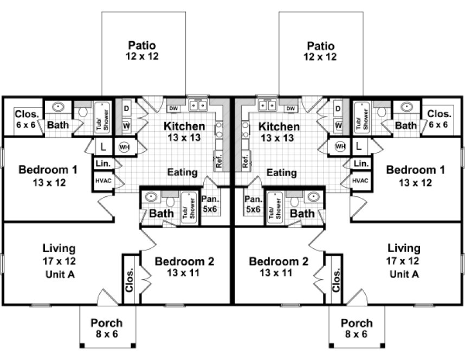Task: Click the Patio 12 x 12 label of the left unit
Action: pos(144,50)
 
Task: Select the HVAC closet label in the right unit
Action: pos(361,181)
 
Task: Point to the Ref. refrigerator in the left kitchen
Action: pos(219,160)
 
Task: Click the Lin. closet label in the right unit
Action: pos(361,163)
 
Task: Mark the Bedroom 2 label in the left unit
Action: pos(184,267)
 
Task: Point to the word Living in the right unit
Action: pos(404,248)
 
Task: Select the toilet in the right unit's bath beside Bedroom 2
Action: pos(294,201)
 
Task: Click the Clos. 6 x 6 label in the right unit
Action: pos(438,119)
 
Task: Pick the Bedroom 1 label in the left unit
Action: pos(48,176)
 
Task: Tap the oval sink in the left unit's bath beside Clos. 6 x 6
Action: pos(57,107)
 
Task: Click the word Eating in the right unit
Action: pos(282,173)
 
